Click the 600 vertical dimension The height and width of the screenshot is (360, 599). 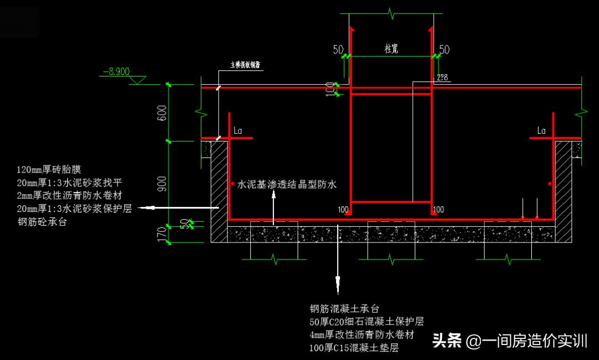(x=161, y=113)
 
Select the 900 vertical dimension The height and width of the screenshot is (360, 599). (x=161, y=184)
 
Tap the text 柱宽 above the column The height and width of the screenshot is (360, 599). (x=391, y=49)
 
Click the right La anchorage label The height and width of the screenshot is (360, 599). (x=542, y=131)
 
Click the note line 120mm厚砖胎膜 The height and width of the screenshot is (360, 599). (x=49, y=170)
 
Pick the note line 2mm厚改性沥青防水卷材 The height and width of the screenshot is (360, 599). (x=69, y=195)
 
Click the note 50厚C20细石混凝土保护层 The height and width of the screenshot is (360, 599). (x=367, y=322)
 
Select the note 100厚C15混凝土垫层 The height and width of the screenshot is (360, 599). (x=354, y=348)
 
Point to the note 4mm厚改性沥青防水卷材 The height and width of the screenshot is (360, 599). (x=362, y=335)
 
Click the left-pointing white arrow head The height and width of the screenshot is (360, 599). (x=141, y=208)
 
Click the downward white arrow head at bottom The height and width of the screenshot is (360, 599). (x=336, y=288)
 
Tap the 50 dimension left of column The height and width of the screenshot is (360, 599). (x=338, y=49)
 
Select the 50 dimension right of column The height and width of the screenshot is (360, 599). (x=444, y=49)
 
